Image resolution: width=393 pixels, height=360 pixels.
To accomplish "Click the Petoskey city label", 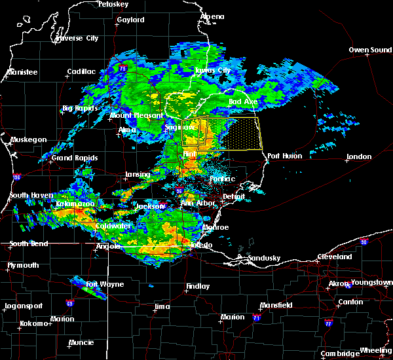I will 112,5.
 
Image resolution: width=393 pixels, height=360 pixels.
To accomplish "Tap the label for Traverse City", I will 77,39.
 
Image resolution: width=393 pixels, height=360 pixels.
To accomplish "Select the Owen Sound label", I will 370,50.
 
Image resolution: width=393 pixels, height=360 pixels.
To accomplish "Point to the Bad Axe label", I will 242,102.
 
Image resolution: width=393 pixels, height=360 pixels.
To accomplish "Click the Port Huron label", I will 282,156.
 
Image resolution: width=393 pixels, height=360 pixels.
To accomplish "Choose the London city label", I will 359,156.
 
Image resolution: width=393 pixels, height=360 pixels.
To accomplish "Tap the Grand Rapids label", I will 75,158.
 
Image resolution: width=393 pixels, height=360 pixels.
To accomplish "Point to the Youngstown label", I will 371,283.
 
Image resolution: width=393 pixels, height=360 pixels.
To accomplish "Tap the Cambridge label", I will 339,353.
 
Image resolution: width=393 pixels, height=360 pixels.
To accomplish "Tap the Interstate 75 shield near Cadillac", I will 122,67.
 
